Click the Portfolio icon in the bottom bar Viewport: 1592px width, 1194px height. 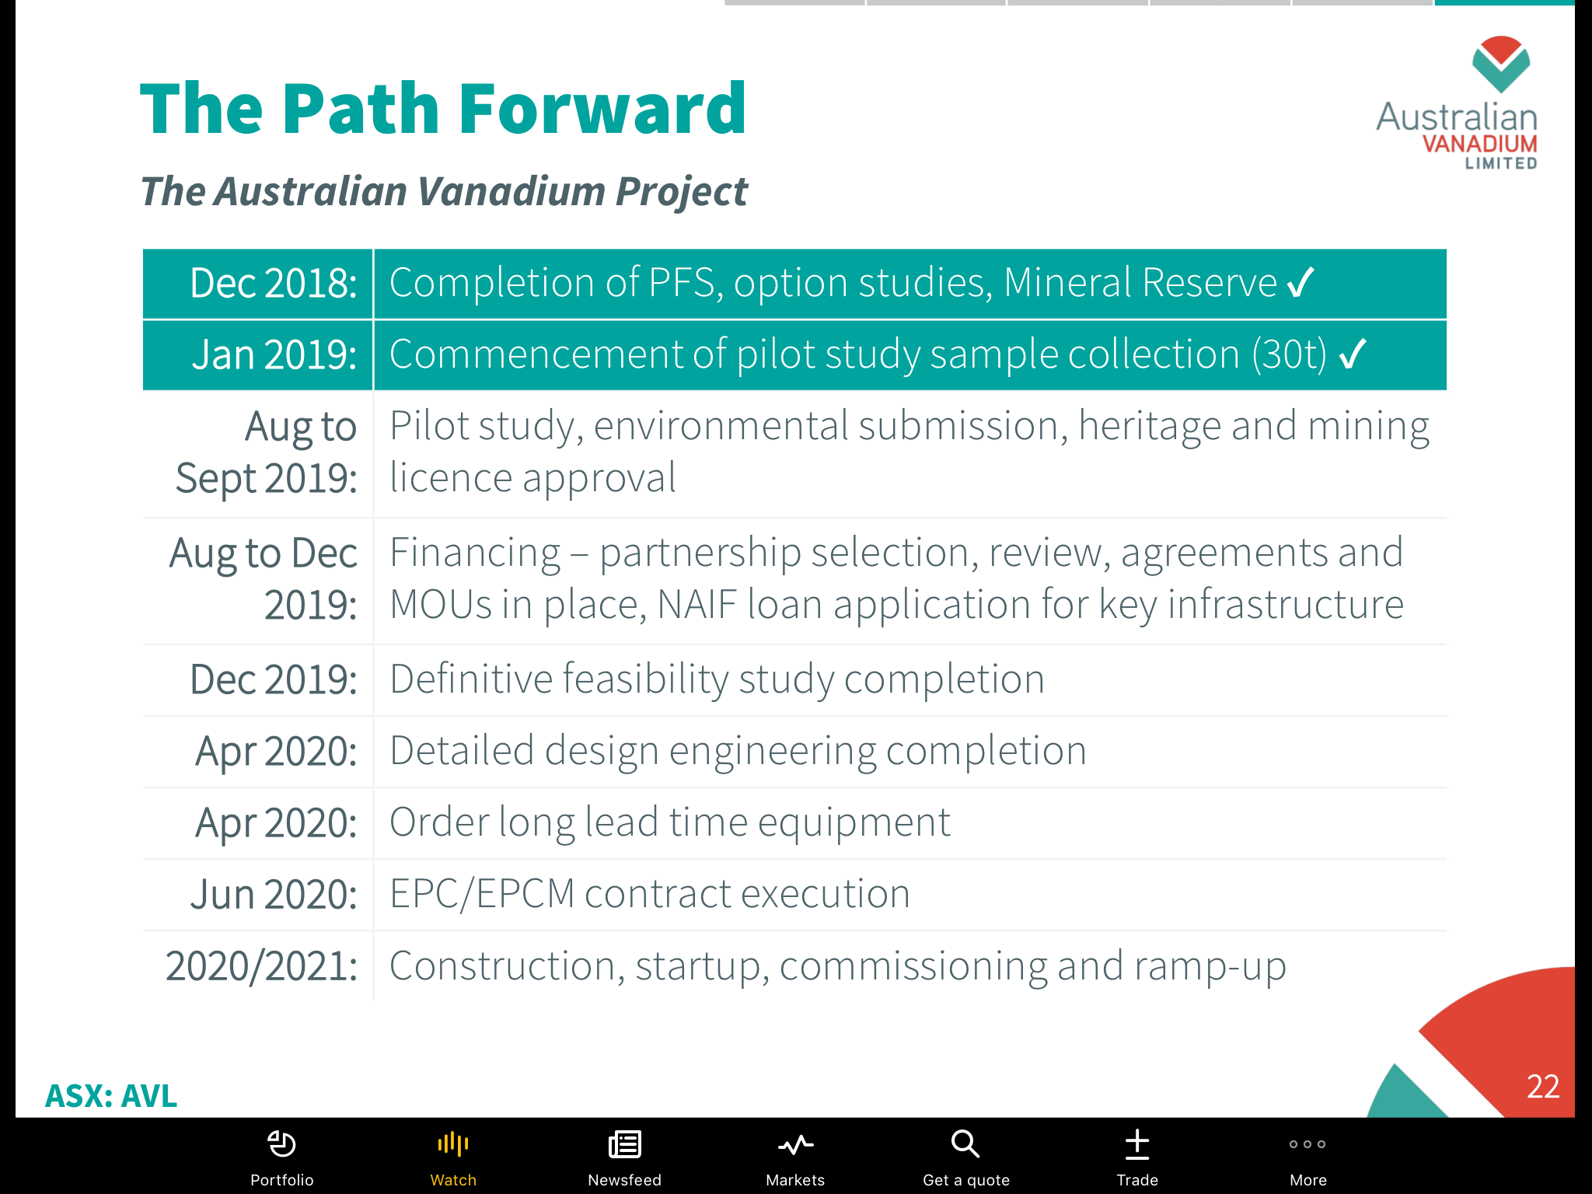281,1143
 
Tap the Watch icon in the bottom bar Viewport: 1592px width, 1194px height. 453,1143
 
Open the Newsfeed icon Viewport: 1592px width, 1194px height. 624,1144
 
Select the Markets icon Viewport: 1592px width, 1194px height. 795,1144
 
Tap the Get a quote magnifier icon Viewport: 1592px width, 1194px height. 965,1143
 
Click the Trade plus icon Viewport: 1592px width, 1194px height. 1137,1144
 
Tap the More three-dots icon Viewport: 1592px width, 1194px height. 1307,1144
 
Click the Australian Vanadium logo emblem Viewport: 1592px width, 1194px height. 1500,64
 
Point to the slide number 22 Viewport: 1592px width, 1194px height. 1542,1087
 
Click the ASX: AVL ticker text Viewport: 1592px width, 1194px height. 111,1096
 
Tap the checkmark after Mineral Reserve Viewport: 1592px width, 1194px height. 1300,282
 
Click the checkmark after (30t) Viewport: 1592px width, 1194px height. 1353,354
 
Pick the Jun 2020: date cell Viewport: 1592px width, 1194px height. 274,894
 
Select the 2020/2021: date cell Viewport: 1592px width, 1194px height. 261,966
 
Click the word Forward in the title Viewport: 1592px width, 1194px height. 602,108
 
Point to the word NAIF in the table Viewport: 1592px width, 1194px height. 696,605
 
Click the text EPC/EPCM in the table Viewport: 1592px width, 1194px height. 482,894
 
